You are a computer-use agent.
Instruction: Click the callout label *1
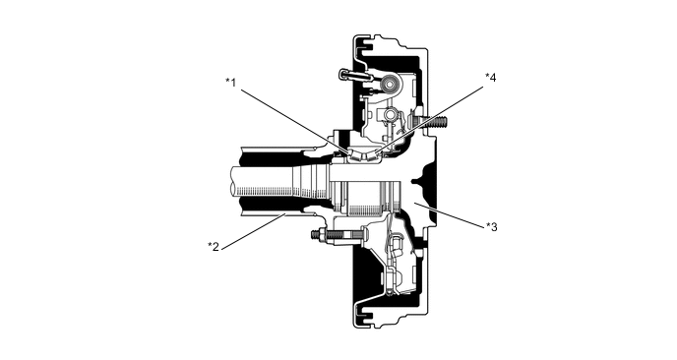click(x=231, y=82)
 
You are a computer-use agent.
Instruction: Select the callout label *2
click(x=214, y=246)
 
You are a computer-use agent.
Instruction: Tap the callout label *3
click(x=491, y=226)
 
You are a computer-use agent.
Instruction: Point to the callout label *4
click(x=490, y=78)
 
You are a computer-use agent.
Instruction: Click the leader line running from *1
click(x=295, y=122)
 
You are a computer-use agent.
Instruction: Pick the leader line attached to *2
click(x=254, y=231)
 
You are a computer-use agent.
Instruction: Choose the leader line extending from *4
click(x=431, y=118)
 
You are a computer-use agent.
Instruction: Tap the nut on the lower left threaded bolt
click(x=317, y=235)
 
